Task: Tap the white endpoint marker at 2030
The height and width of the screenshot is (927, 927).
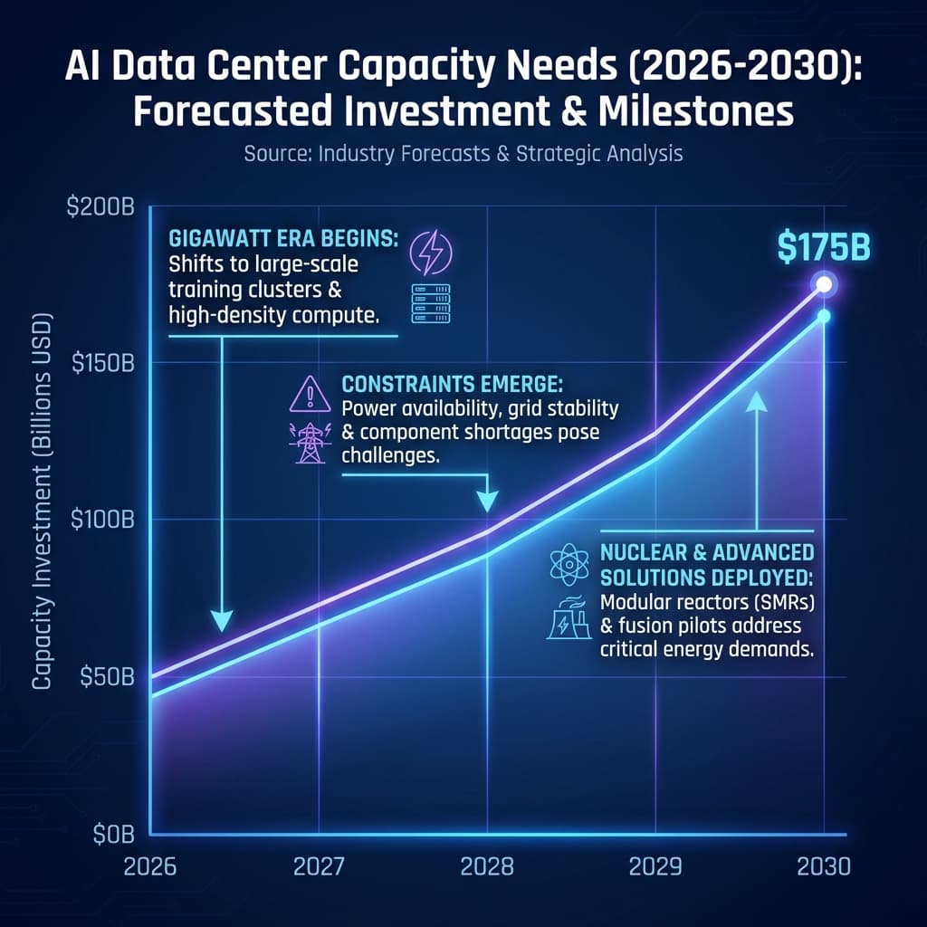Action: [x=824, y=284]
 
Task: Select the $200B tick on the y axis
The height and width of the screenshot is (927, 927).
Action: [x=100, y=207]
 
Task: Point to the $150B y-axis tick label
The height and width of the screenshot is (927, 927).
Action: [x=100, y=363]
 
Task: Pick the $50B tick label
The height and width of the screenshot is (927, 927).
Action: [x=104, y=677]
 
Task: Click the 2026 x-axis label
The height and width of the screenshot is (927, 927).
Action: [x=151, y=866]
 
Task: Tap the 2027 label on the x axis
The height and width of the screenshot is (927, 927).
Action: [x=319, y=866]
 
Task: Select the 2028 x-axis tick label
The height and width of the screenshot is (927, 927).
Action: [x=487, y=866]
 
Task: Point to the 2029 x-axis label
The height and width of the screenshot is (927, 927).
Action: [x=655, y=866]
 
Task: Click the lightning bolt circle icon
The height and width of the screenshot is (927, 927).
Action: [x=430, y=252]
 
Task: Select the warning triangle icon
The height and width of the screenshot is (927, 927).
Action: [x=310, y=395]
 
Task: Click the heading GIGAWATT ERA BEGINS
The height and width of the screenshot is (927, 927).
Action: [x=281, y=242]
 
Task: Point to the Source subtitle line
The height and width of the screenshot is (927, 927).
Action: [x=463, y=154]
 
